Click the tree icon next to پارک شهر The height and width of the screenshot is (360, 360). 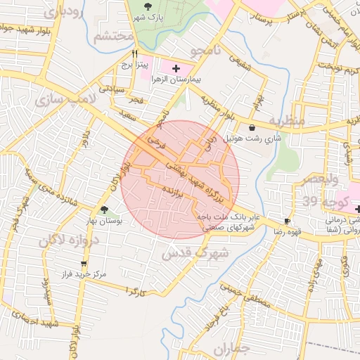tap(146, 6)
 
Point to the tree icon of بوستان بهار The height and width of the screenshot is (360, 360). tap(104, 210)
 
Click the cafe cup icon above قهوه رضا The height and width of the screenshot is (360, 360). tap(286, 220)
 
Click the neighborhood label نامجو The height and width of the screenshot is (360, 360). tap(209, 50)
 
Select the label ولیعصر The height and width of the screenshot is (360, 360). tap(313, 180)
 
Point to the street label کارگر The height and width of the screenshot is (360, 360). tap(136, 289)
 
